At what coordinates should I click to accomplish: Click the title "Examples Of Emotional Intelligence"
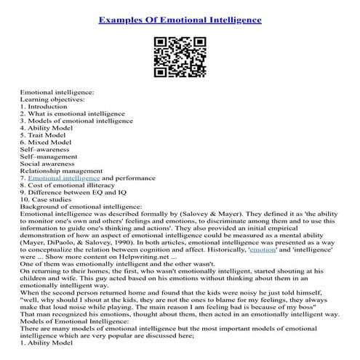point(180,20)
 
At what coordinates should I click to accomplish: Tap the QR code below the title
point(180,56)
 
